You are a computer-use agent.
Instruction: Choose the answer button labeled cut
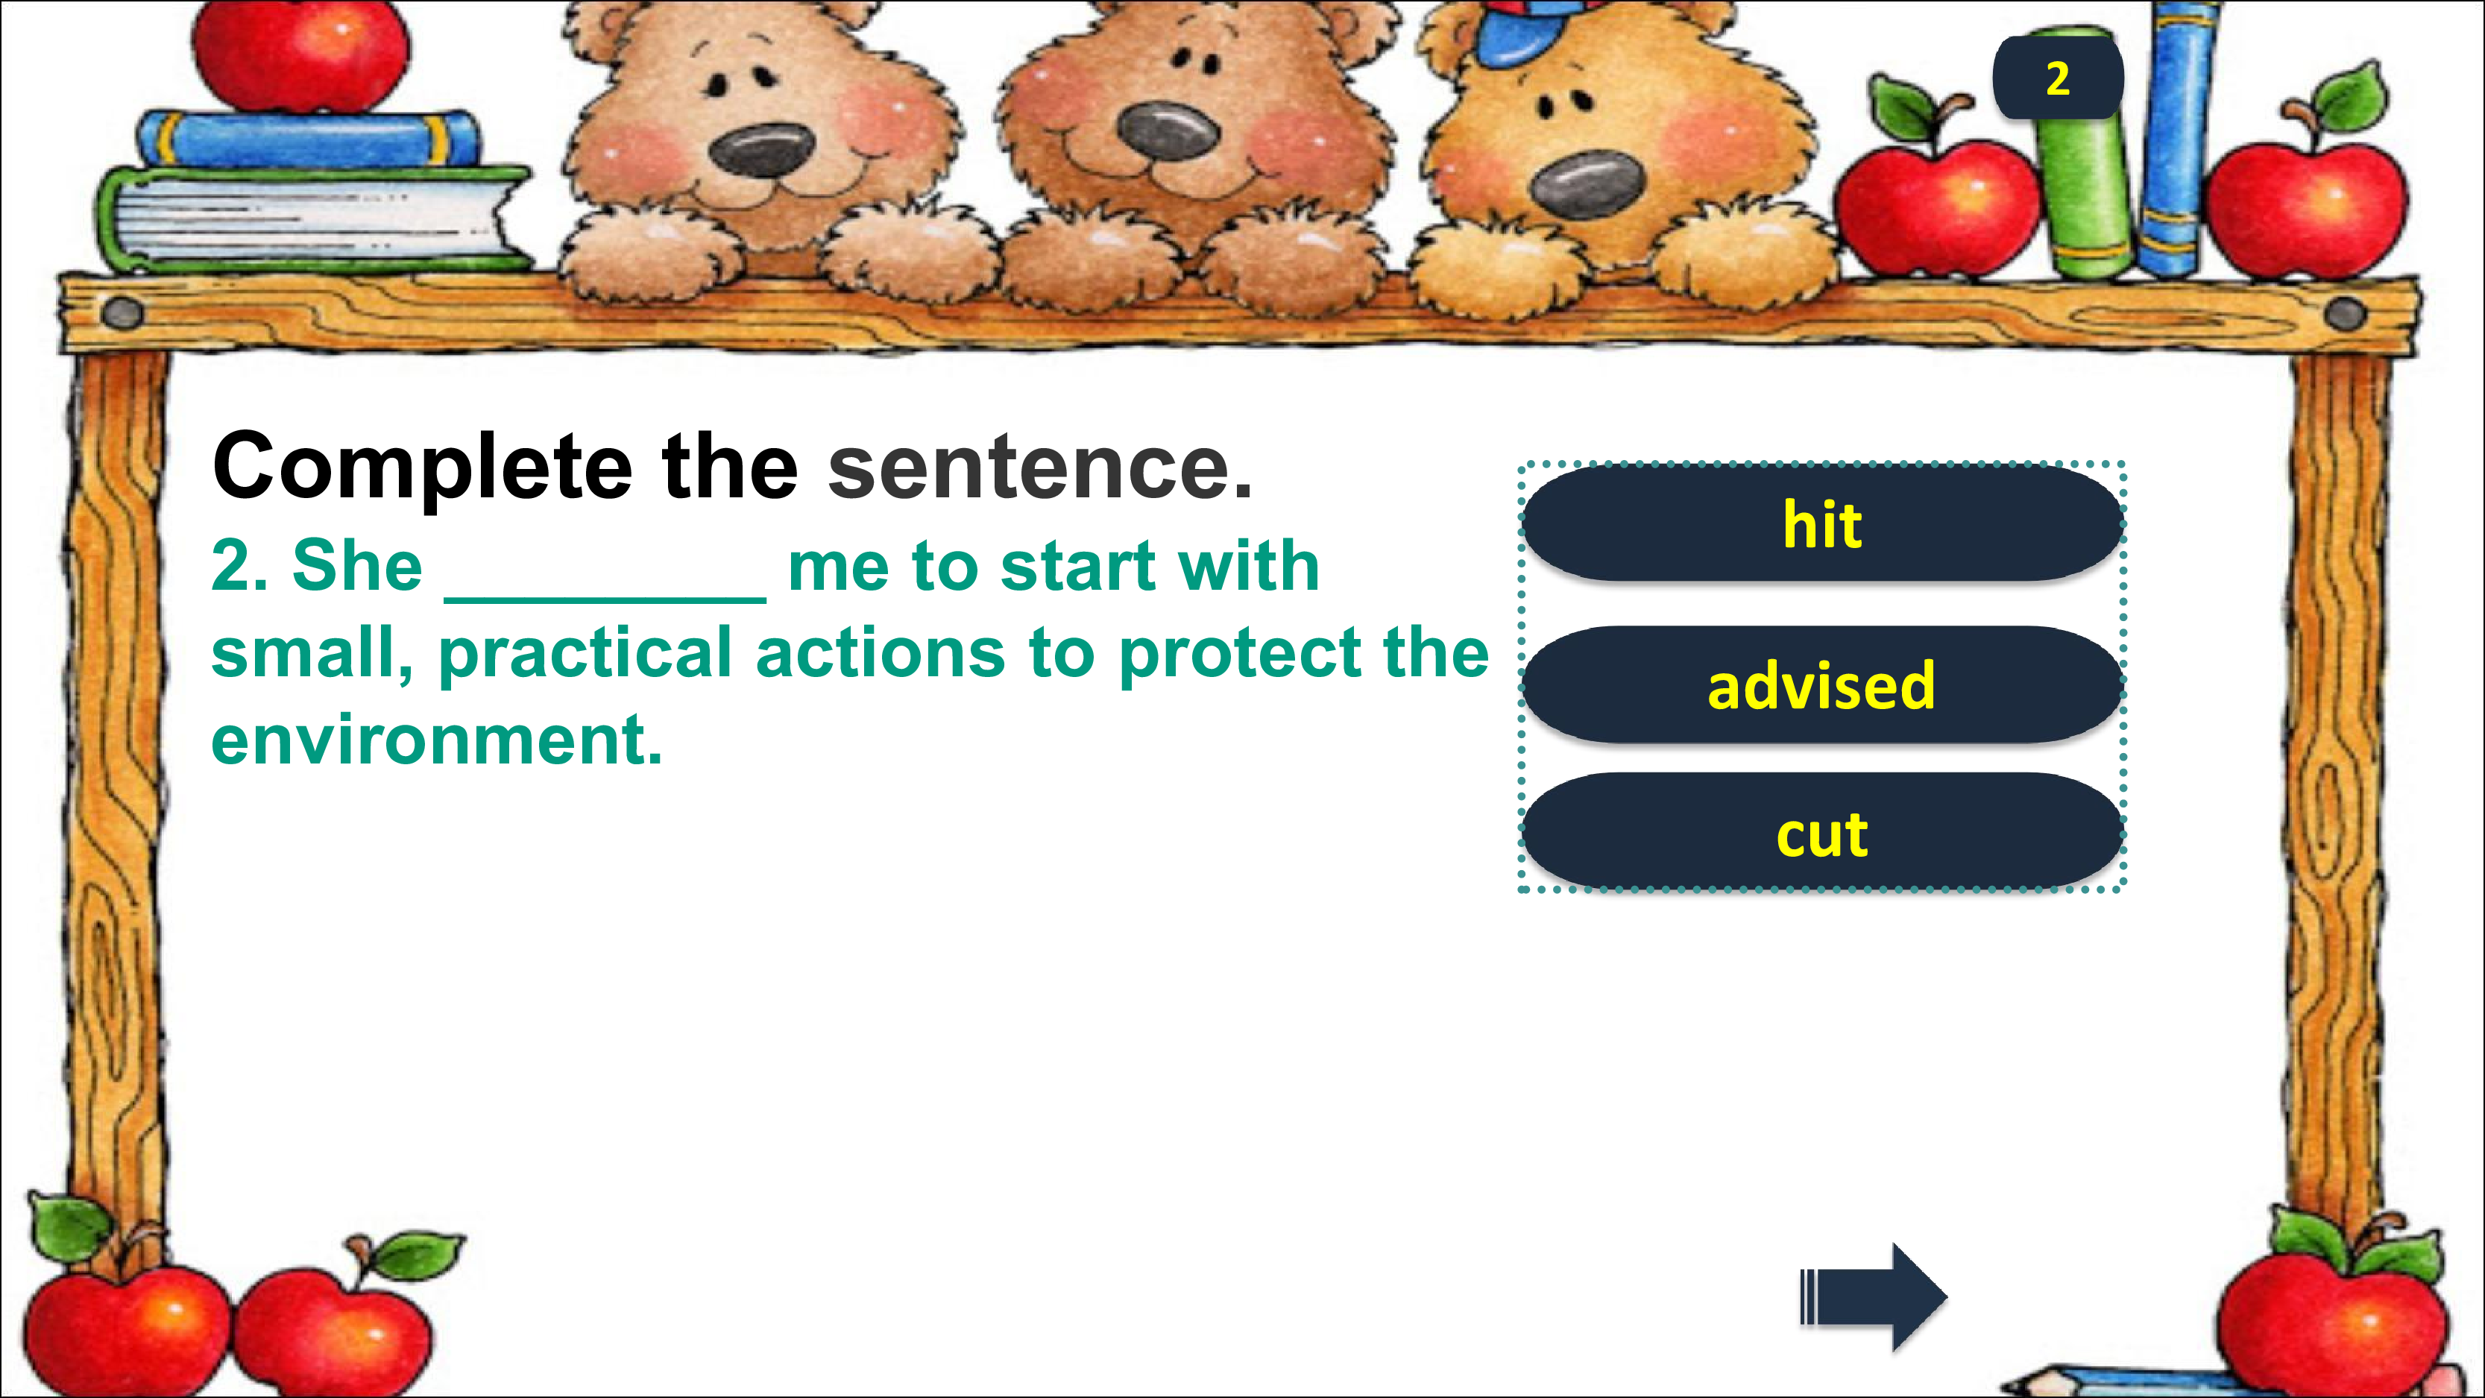[1822, 831]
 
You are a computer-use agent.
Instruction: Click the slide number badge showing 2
[2058, 78]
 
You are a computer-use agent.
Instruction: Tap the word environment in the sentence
[436, 741]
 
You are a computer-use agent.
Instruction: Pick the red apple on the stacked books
[301, 54]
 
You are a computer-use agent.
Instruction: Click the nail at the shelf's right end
[2345, 312]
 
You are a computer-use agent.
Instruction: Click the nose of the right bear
[1586, 183]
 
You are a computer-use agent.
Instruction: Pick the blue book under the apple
[309, 138]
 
